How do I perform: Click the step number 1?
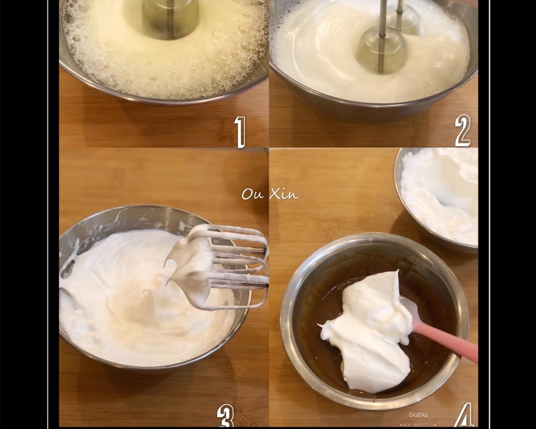click(x=240, y=132)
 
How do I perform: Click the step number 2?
click(x=463, y=131)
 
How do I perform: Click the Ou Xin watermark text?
click(x=270, y=194)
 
